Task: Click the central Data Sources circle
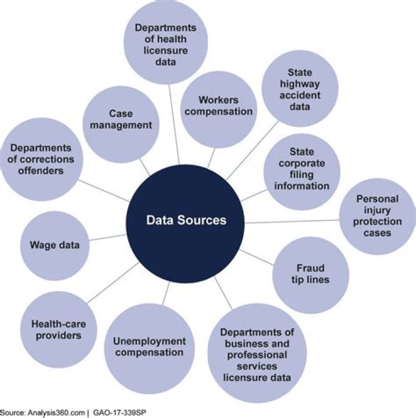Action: (x=185, y=220)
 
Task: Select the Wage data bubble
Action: (x=55, y=245)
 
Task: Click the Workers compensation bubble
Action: (x=218, y=105)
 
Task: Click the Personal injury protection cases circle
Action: (x=378, y=216)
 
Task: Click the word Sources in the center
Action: (x=202, y=220)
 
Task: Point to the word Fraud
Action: (x=310, y=268)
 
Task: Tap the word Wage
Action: (x=42, y=245)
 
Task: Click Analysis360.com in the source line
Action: (x=57, y=413)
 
